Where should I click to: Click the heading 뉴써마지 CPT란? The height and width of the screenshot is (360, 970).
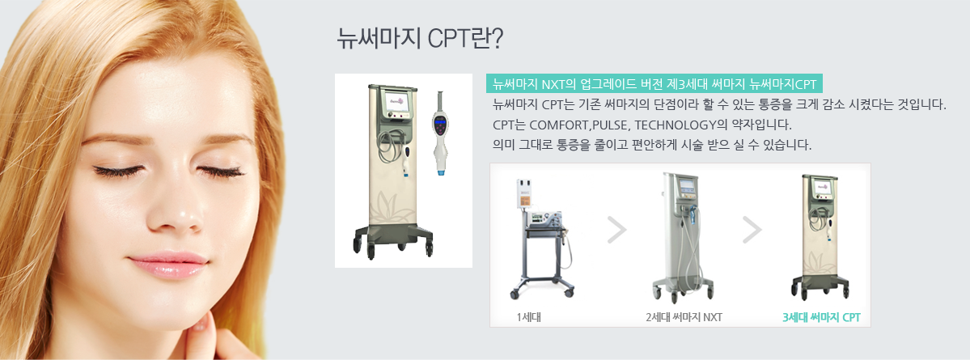coord(420,38)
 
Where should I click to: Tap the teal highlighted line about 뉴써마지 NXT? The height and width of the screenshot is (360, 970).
coord(654,84)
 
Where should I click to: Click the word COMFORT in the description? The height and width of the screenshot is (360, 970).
coord(560,125)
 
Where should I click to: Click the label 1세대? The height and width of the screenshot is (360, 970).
coord(530,318)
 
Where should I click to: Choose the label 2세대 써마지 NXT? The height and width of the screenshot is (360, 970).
coord(684,318)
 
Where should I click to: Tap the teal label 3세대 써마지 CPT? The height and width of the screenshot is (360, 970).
coord(821,318)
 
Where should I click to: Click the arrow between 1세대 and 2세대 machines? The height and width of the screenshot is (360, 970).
coord(616,230)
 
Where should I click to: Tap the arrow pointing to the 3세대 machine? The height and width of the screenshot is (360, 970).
coord(752,230)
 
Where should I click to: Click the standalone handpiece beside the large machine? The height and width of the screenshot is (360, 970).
coord(441,133)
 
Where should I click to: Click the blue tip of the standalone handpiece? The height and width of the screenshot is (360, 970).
coord(441,172)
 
